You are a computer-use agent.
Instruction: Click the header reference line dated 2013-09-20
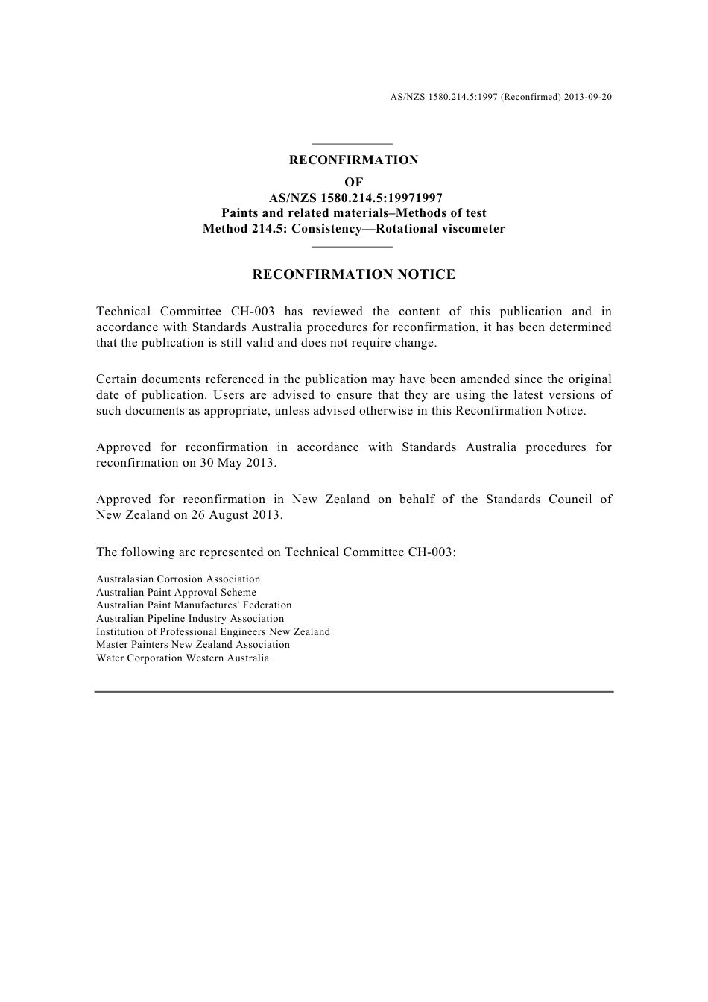[501, 97]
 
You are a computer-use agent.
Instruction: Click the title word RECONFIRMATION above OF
[353, 160]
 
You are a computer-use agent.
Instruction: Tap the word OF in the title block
[353, 183]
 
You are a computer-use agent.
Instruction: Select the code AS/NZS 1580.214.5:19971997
[355, 198]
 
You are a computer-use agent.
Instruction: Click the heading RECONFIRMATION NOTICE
[353, 274]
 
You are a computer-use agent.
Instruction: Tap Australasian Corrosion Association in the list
[178, 579]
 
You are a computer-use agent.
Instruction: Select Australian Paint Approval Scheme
[176, 593]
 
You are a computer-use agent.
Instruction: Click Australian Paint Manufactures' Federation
[194, 605]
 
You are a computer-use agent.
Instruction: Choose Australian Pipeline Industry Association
[190, 619]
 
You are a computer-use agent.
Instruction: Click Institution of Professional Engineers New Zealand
[213, 632]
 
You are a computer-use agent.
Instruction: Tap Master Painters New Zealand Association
[193, 645]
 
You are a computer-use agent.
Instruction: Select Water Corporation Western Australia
[183, 658]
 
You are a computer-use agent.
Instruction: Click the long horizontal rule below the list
[353, 692]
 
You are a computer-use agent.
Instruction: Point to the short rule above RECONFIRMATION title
[352, 144]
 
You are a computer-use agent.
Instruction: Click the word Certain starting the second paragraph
[116, 379]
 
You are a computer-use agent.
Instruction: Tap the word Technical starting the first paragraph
[123, 312]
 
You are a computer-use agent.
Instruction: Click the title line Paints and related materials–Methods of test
[353, 213]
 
